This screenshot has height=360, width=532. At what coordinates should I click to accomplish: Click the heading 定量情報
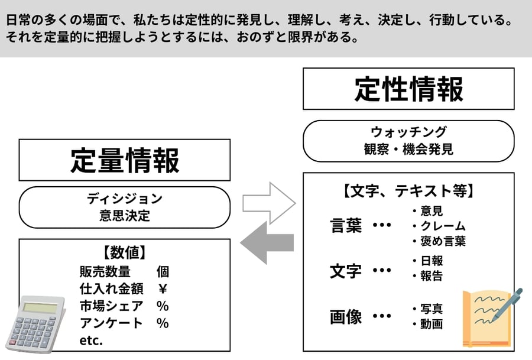click(124, 160)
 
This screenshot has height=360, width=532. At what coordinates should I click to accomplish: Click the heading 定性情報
click(408, 89)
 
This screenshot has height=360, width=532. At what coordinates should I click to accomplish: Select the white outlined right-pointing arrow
click(269, 204)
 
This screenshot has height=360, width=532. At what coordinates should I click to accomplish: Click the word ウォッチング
click(408, 132)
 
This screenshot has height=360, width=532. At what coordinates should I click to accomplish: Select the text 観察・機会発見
click(408, 149)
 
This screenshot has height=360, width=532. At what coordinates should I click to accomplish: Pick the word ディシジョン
click(124, 198)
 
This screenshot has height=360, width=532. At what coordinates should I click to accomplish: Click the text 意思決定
click(124, 215)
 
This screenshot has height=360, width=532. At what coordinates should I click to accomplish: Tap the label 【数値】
click(124, 252)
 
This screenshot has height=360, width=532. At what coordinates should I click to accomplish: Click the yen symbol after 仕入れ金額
click(163, 289)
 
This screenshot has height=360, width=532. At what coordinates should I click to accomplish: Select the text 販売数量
click(105, 272)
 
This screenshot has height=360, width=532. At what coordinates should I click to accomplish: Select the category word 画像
click(346, 317)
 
